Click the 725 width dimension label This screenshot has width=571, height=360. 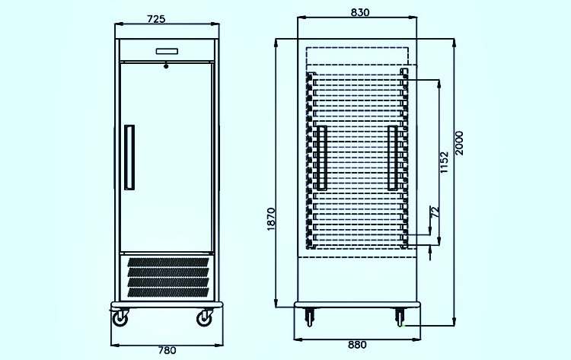156,18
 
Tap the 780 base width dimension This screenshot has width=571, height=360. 167,350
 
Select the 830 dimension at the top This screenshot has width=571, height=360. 360,12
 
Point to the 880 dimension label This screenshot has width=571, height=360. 357,345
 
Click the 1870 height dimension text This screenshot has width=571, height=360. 271,219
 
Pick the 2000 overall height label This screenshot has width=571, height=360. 460,143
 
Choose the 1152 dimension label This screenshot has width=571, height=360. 445,162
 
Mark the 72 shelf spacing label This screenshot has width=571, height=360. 435,212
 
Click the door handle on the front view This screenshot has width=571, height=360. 129,158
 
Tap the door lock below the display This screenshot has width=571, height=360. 166,66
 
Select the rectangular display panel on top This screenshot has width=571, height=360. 167,51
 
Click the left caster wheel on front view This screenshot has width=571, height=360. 120,318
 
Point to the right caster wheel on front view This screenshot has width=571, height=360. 204,318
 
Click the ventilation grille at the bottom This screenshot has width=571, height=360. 168,277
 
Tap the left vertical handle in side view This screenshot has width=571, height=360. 321,158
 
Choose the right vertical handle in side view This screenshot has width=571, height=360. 393,158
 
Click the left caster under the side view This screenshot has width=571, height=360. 310,317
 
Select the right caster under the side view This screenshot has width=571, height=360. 400,317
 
